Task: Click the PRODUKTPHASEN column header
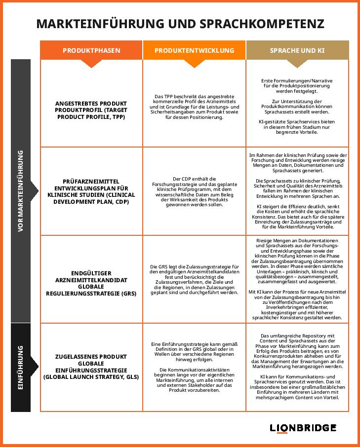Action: pyautogui.click(x=91, y=50)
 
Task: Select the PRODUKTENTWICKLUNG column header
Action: pyautogui.click(x=194, y=50)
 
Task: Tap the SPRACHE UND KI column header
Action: pyautogui.click(x=297, y=50)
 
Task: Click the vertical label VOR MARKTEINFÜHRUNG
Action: pyautogui.click(x=21, y=190)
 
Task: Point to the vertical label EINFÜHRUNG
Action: pyautogui.click(x=21, y=368)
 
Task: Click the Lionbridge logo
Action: pyautogui.click(x=303, y=428)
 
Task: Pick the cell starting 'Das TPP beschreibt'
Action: pyautogui.click(x=194, y=107)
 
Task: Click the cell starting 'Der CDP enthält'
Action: pyautogui.click(x=194, y=191)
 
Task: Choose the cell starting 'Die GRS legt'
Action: pyautogui.click(x=194, y=279)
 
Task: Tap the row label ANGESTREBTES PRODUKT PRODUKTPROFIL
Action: pyautogui.click(x=91, y=111)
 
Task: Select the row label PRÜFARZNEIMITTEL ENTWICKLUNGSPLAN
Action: pyautogui.click(x=91, y=191)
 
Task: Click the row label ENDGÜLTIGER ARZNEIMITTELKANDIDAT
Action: pyautogui.click(x=91, y=283)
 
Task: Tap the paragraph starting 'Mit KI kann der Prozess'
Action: pyautogui.click(x=297, y=305)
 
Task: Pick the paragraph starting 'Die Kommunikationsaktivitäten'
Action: pyautogui.click(x=194, y=379)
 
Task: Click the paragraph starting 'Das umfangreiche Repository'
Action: pyautogui.click(x=297, y=351)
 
